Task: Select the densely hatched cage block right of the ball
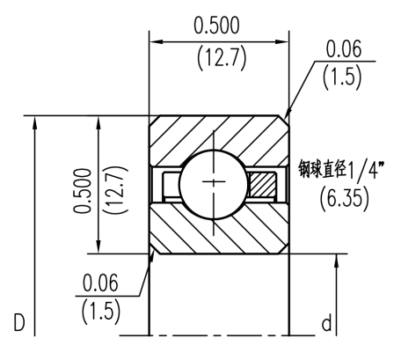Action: click(261, 184)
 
